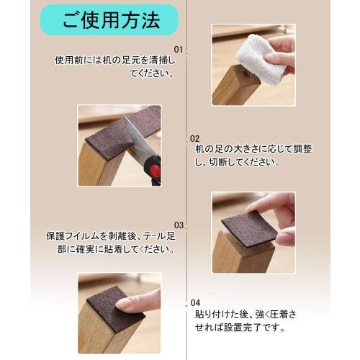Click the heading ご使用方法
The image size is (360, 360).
tap(110, 20)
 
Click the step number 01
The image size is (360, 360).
tap(180, 50)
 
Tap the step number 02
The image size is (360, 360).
tap(194, 138)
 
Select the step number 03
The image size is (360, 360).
tap(179, 225)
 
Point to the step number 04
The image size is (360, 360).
tap(194, 302)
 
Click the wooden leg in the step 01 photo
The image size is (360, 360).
tap(234, 85)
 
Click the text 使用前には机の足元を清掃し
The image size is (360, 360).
tap(117, 60)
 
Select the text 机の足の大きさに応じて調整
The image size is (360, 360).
tap(253, 149)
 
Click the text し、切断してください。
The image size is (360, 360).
tap(238, 163)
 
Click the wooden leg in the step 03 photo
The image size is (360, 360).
tap(241, 256)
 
